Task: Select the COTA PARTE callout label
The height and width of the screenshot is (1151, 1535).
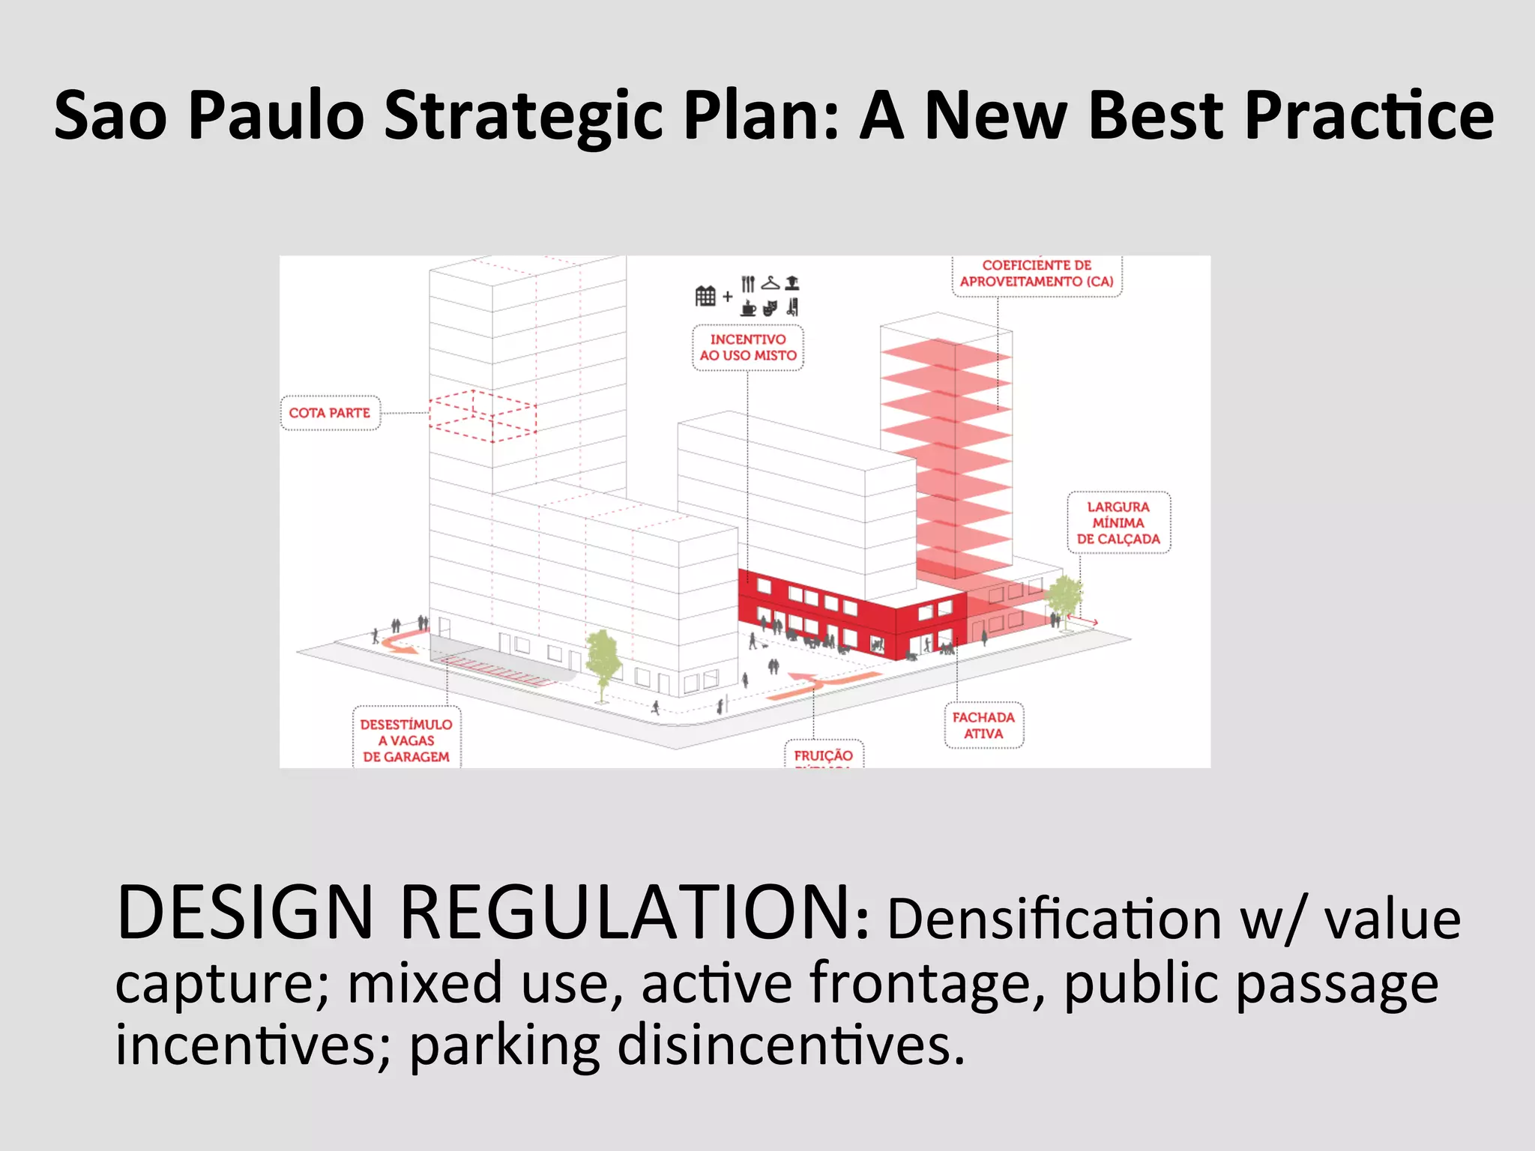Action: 330,413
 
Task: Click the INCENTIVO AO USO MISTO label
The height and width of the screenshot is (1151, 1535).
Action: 748,348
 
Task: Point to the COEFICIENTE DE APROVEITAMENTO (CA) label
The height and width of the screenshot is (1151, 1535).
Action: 1037,274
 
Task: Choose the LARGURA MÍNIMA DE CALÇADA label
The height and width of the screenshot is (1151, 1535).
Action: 1118,523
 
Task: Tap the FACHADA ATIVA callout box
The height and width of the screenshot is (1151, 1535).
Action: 983,725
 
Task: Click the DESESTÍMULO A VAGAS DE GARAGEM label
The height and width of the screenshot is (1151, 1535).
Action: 406,740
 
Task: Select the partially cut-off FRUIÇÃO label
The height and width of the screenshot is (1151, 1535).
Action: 824,755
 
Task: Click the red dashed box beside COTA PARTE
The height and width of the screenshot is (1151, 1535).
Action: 483,415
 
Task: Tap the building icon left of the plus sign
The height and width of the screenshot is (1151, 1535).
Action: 705,296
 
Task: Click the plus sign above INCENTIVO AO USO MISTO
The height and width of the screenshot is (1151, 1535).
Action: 728,297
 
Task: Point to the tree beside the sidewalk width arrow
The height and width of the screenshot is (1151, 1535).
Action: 1063,599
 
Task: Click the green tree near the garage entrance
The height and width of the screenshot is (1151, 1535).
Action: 602,659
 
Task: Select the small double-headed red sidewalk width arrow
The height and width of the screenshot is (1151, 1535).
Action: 1083,619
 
